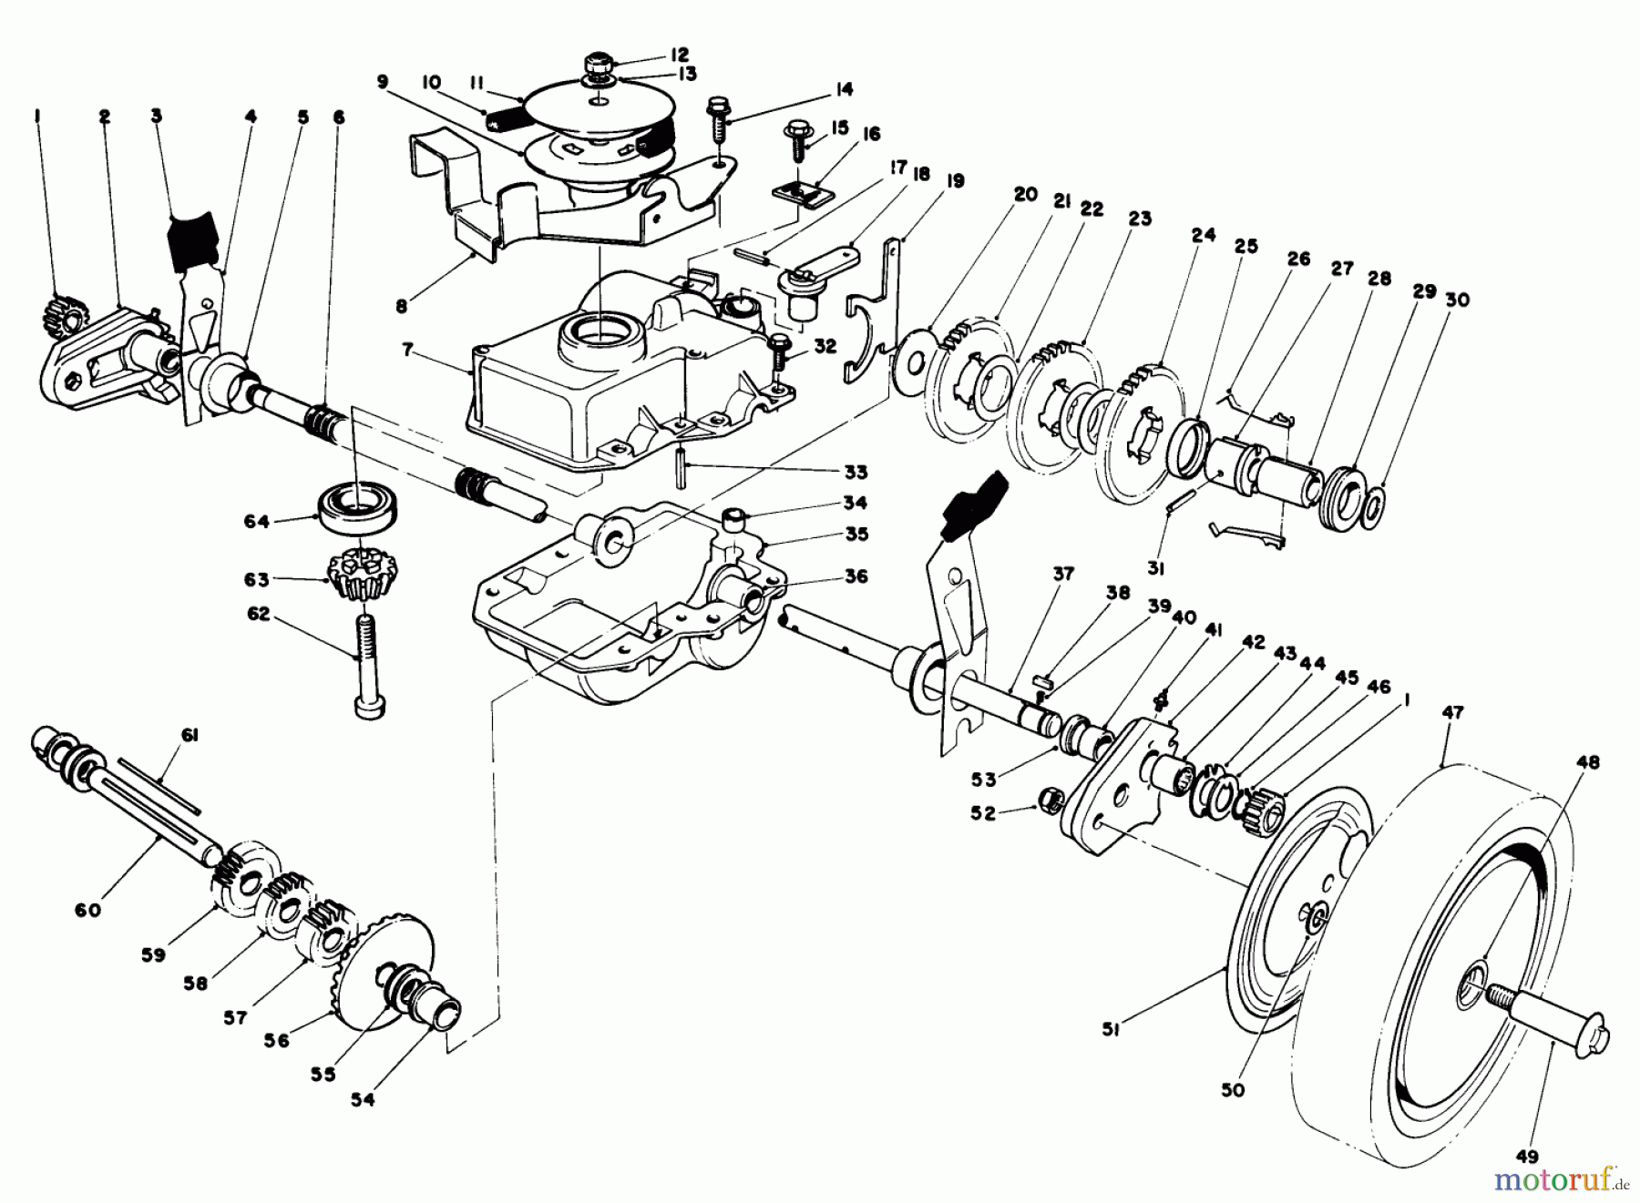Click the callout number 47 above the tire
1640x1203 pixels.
(1452, 712)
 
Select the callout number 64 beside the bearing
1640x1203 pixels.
(257, 522)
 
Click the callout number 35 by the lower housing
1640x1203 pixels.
(856, 534)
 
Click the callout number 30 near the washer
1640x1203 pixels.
(1458, 299)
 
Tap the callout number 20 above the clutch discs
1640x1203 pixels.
(1025, 194)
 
